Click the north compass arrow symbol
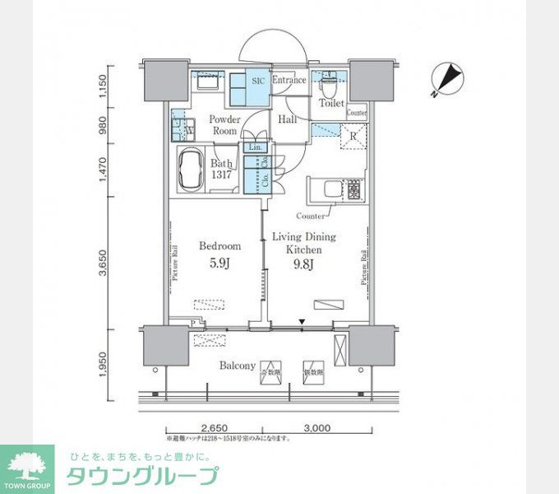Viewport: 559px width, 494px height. click(x=447, y=79)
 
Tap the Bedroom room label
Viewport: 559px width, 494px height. click(x=220, y=245)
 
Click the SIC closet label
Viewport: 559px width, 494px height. click(x=257, y=81)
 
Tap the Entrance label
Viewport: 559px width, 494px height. click(x=289, y=81)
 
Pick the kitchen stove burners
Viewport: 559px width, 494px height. click(x=354, y=190)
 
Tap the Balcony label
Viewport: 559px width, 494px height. click(x=238, y=366)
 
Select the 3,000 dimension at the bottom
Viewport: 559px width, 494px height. click(x=316, y=428)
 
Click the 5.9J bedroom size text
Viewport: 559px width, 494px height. click(x=219, y=264)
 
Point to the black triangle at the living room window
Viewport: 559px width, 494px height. click(x=302, y=322)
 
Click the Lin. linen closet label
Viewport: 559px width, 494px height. click(x=254, y=147)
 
